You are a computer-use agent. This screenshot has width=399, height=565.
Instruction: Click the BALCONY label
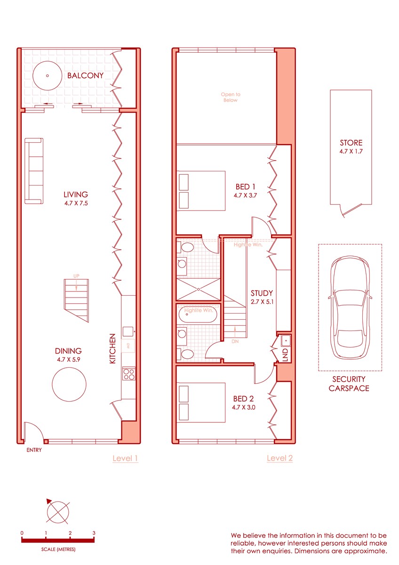pyautogui.click(x=85, y=75)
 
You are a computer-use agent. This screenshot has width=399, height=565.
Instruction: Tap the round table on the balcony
pyautogui.click(x=48, y=75)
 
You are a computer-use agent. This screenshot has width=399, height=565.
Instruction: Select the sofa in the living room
pyautogui.click(x=34, y=171)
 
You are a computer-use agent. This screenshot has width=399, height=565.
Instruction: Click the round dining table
pyautogui.click(x=69, y=384)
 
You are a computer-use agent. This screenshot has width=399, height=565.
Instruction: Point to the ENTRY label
pyautogui.click(x=34, y=450)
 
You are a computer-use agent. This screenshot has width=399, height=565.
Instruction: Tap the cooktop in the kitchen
pyautogui.click(x=128, y=374)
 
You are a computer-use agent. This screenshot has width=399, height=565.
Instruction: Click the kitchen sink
pyautogui.click(x=128, y=331)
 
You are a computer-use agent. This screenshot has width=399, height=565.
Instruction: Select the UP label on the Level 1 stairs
pyautogui.click(x=76, y=276)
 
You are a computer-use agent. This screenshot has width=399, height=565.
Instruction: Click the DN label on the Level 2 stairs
pyautogui.click(x=235, y=341)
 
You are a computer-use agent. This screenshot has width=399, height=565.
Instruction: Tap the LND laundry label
pyautogui.click(x=285, y=355)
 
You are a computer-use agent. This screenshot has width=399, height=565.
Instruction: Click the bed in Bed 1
pyautogui.click(x=201, y=191)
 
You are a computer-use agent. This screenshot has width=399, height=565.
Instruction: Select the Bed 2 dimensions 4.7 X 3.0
pyautogui.click(x=243, y=407)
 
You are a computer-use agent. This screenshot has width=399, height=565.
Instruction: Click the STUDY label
pyautogui.click(x=262, y=293)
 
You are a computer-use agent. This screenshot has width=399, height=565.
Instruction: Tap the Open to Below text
pyautogui.click(x=231, y=97)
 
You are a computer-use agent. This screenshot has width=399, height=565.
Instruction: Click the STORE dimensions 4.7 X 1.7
pyautogui.click(x=351, y=151)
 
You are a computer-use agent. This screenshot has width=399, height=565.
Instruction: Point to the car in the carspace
pyautogui.click(x=350, y=307)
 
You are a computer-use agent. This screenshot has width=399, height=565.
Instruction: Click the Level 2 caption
pyautogui.click(x=280, y=458)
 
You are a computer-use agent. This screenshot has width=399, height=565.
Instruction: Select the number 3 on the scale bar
pyautogui.click(x=94, y=533)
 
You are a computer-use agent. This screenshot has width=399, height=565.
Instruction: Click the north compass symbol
pyautogui.click(x=58, y=512)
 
